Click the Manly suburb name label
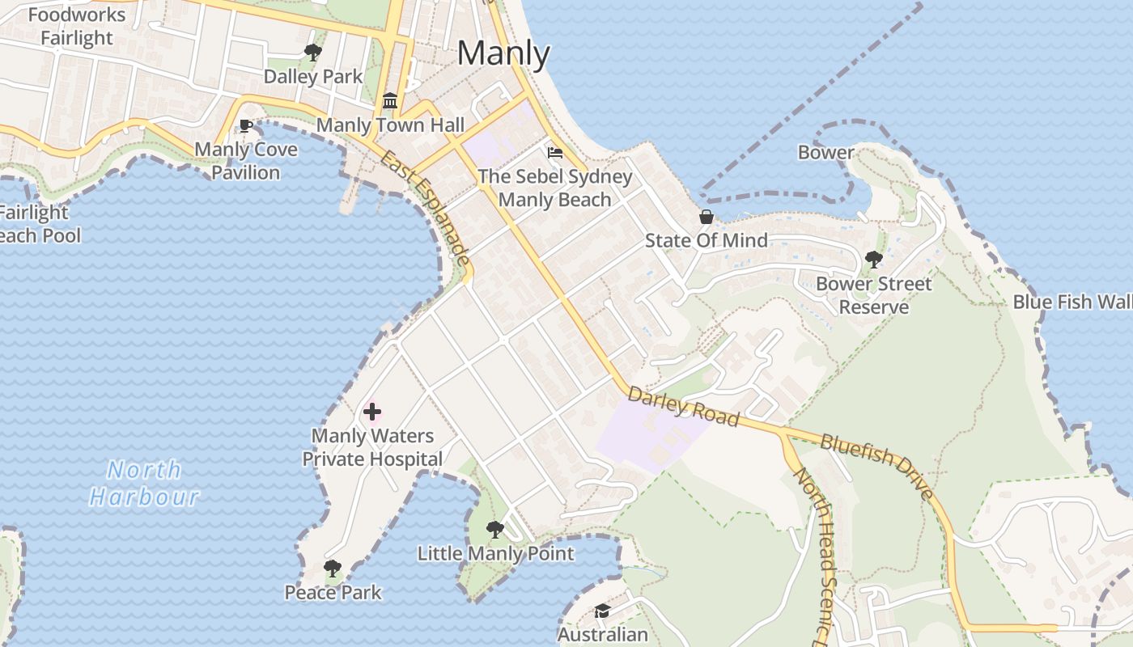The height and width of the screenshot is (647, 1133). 503,53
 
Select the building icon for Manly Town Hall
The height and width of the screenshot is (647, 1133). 390,101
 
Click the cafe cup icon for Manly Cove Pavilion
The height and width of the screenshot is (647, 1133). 245,126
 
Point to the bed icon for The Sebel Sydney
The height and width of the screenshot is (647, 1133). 555,152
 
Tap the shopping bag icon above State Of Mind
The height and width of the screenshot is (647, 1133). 707,217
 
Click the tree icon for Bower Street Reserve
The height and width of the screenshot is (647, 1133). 873,260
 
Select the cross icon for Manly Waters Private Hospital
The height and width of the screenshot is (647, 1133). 372,412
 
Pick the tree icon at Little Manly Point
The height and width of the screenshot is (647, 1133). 495,530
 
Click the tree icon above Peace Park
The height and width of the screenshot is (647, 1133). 333,569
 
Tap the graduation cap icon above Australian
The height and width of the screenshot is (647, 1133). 602,611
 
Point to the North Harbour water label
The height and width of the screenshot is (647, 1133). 144,483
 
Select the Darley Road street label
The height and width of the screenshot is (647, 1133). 683,406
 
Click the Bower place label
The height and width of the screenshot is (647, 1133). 825,152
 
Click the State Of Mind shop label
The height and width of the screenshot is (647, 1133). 706,240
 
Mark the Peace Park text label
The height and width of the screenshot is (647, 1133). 333,593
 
